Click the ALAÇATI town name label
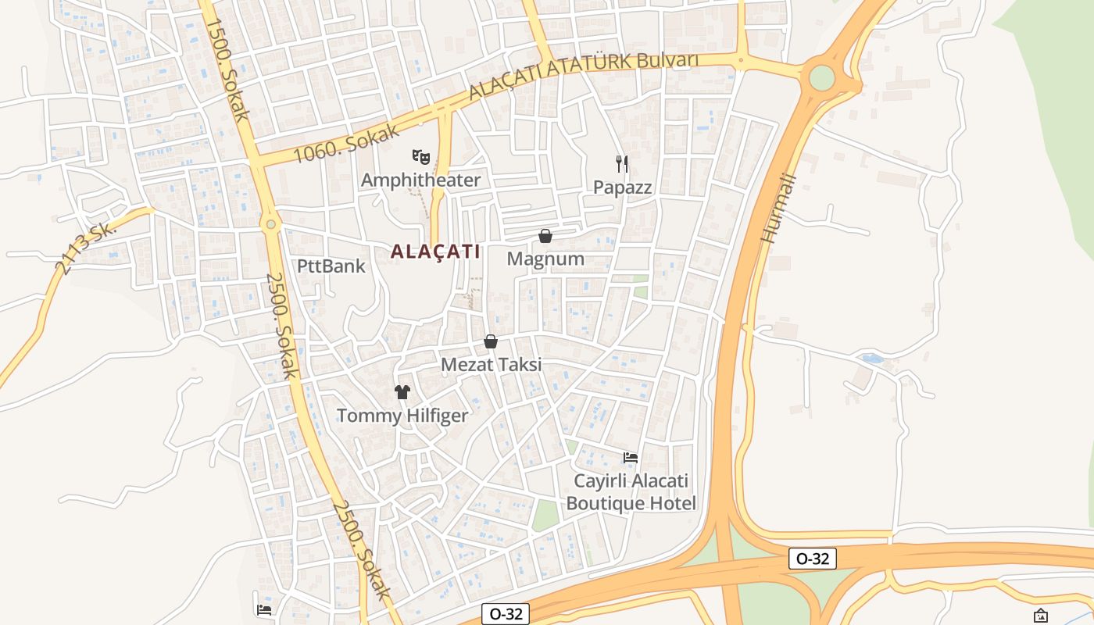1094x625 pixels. (x=435, y=252)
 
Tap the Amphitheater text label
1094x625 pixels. (x=420, y=180)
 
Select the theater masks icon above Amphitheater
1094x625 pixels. (x=421, y=157)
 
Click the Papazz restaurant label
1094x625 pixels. (x=622, y=187)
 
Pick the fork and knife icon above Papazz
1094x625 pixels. (x=622, y=163)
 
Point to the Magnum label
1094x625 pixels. (x=545, y=259)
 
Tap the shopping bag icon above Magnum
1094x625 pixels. (x=545, y=236)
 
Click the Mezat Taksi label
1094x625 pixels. (x=491, y=365)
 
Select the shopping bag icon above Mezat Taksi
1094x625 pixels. (x=491, y=341)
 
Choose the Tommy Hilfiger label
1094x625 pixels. (x=402, y=416)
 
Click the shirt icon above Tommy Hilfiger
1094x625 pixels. (x=402, y=392)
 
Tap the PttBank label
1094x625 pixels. (x=331, y=266)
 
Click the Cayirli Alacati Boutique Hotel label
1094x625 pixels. (x=631, y=492)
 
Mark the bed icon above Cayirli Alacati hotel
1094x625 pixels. (x=631, y=457)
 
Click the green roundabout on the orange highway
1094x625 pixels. (x=822, y=77)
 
